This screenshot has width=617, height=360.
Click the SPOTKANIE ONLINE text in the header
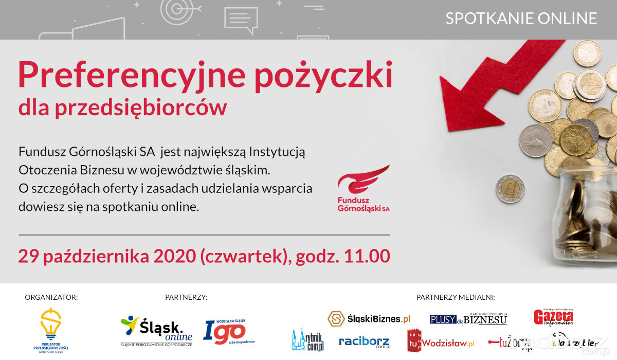(x=521, y=19)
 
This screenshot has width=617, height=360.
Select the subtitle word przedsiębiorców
(x=152, y=107)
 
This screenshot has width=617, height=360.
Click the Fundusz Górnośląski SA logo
(x=364, y=189)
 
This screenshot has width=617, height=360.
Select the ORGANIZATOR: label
(x=51, y=297)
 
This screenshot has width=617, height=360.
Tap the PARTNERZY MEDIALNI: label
(x=455, y=297)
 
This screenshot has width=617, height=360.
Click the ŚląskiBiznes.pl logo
(x=369, y=319)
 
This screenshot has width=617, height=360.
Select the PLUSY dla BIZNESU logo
(x=468, y=319)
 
